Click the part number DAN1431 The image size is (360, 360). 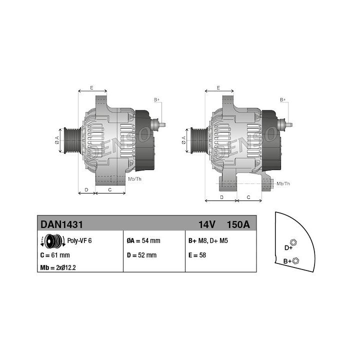(x=61, y=224)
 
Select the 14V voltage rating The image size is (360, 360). (x=207, y=224)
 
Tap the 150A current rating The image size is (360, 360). (x=238, y=224)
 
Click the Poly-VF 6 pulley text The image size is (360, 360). (x=79, y=240)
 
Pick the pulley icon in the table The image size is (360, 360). (x=53, y=241)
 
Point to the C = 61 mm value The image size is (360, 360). (x=55, y=255)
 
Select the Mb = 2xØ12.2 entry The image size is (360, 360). (x=58, y=267)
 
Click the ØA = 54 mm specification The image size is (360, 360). (x=143, y=240)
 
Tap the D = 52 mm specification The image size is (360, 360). (x=141, y=255)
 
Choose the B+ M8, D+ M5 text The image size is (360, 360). (x=208, y=240)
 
